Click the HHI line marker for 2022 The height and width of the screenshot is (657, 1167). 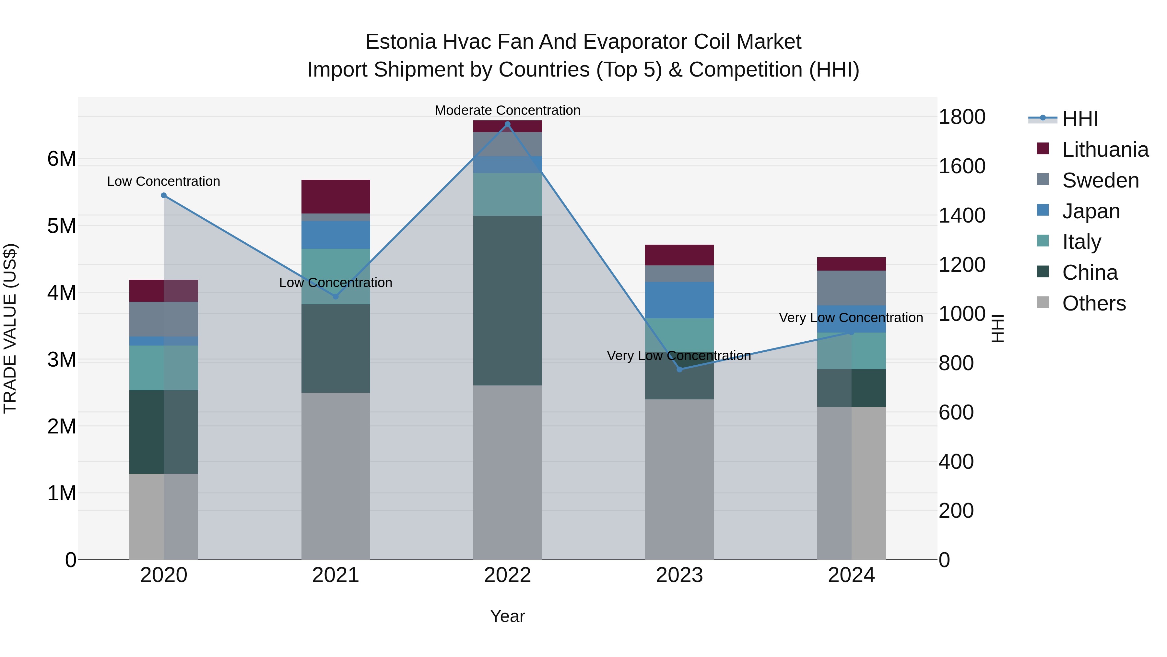tap(507, 124)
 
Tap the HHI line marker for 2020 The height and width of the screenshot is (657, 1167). tap(164, 195)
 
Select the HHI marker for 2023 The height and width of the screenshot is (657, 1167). tap(679, 370)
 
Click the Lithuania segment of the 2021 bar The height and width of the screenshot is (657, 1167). tap(336, 196)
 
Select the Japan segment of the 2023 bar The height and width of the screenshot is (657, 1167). tap(679, 300)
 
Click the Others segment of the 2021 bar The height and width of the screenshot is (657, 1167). tap(336, 476)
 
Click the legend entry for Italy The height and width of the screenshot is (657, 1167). tap(1081, 242)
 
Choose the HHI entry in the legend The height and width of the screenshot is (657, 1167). tap(1080, 119)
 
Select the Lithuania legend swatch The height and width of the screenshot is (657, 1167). tap(1043, 149)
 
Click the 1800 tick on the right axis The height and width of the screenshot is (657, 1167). tap(962, 117)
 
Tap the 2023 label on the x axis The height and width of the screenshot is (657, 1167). tap(679, 575)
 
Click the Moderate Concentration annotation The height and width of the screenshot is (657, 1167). tap(507, 110)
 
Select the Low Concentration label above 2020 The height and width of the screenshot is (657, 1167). tap(164, 181)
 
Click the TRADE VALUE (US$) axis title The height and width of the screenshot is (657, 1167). tap(10, 328)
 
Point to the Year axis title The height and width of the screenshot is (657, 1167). tap(507, 616)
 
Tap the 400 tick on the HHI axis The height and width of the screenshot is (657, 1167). tap(956, 462)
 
